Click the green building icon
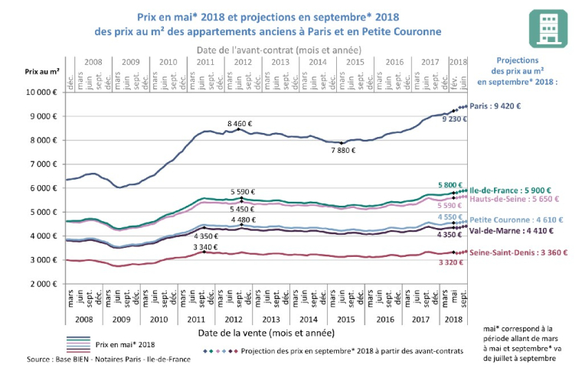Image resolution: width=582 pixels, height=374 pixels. click(x=548, y=30)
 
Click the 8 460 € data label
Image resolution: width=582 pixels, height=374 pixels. click(x=241, y=122)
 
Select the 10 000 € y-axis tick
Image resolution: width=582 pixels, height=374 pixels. click(x=42, y=92)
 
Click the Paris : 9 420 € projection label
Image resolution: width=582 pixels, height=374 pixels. click(x=502, y=107)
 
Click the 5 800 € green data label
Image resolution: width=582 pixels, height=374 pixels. click(x=450, y=184)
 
